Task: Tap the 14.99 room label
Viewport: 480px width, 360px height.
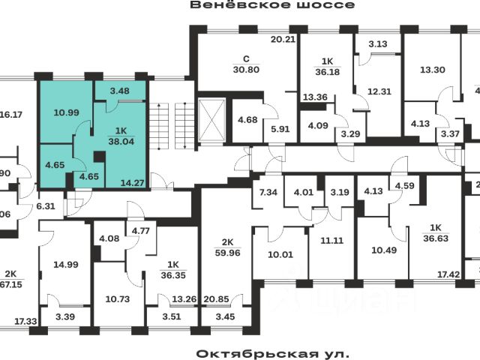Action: [x=65, y=264]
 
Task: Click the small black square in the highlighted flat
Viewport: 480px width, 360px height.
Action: [x=98, y=157]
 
